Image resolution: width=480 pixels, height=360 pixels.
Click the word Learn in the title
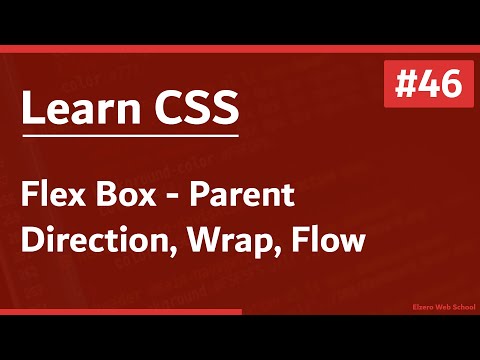[72, 108]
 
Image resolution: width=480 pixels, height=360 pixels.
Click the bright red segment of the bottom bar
[120, 312]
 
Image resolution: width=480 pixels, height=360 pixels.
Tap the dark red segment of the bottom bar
[360, 312]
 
